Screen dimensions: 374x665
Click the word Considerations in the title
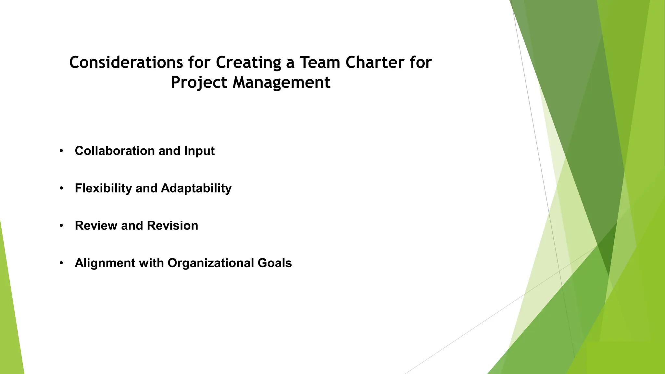(x=126, y=62)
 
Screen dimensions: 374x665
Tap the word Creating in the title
(x=248, y=62)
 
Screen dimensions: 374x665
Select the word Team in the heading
(x=320, y=62)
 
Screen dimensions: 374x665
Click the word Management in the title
(x=282, y=82)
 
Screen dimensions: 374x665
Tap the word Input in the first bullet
(x=199, y=151)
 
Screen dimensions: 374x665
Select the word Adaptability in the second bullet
(x=196, y=188)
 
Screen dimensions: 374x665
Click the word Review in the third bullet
(x=96, y=226)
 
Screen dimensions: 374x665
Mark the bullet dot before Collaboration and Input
(x=61, y=151)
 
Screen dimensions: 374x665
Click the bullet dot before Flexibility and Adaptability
(x=61, y=188)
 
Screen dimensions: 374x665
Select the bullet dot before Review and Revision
(x=61, y=226)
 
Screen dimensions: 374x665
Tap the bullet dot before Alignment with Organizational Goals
(x=61, y=263)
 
